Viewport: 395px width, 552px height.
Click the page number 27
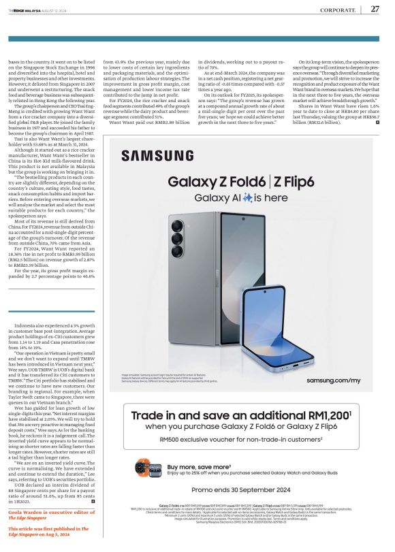(x=375, y=9)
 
